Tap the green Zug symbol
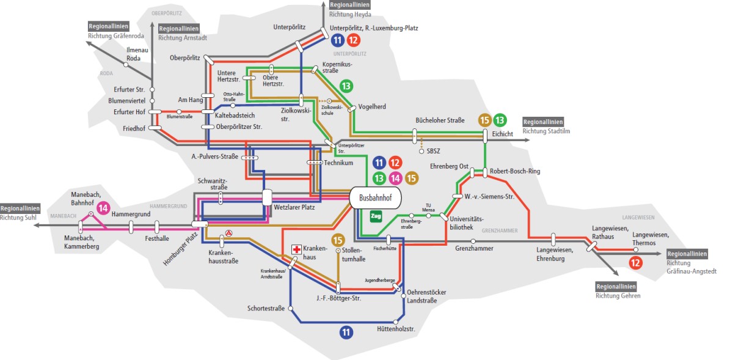pos(376,216)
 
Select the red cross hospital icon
pos(296,249)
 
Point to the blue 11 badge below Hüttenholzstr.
pos(347,332)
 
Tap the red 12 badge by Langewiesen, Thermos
pos(635,263)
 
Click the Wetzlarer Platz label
pos(294,207)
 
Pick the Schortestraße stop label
pos(266,308)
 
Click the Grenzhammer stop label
pos(473,249)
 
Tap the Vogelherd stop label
pos(372,107)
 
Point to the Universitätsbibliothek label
pos(466,222)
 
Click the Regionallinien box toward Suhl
pos(20,208)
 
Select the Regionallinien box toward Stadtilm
pos(543,122)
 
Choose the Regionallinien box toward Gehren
pos(616,286)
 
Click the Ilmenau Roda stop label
pos(133,54)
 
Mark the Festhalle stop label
pos(157,240)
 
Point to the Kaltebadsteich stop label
pos(235,115)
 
